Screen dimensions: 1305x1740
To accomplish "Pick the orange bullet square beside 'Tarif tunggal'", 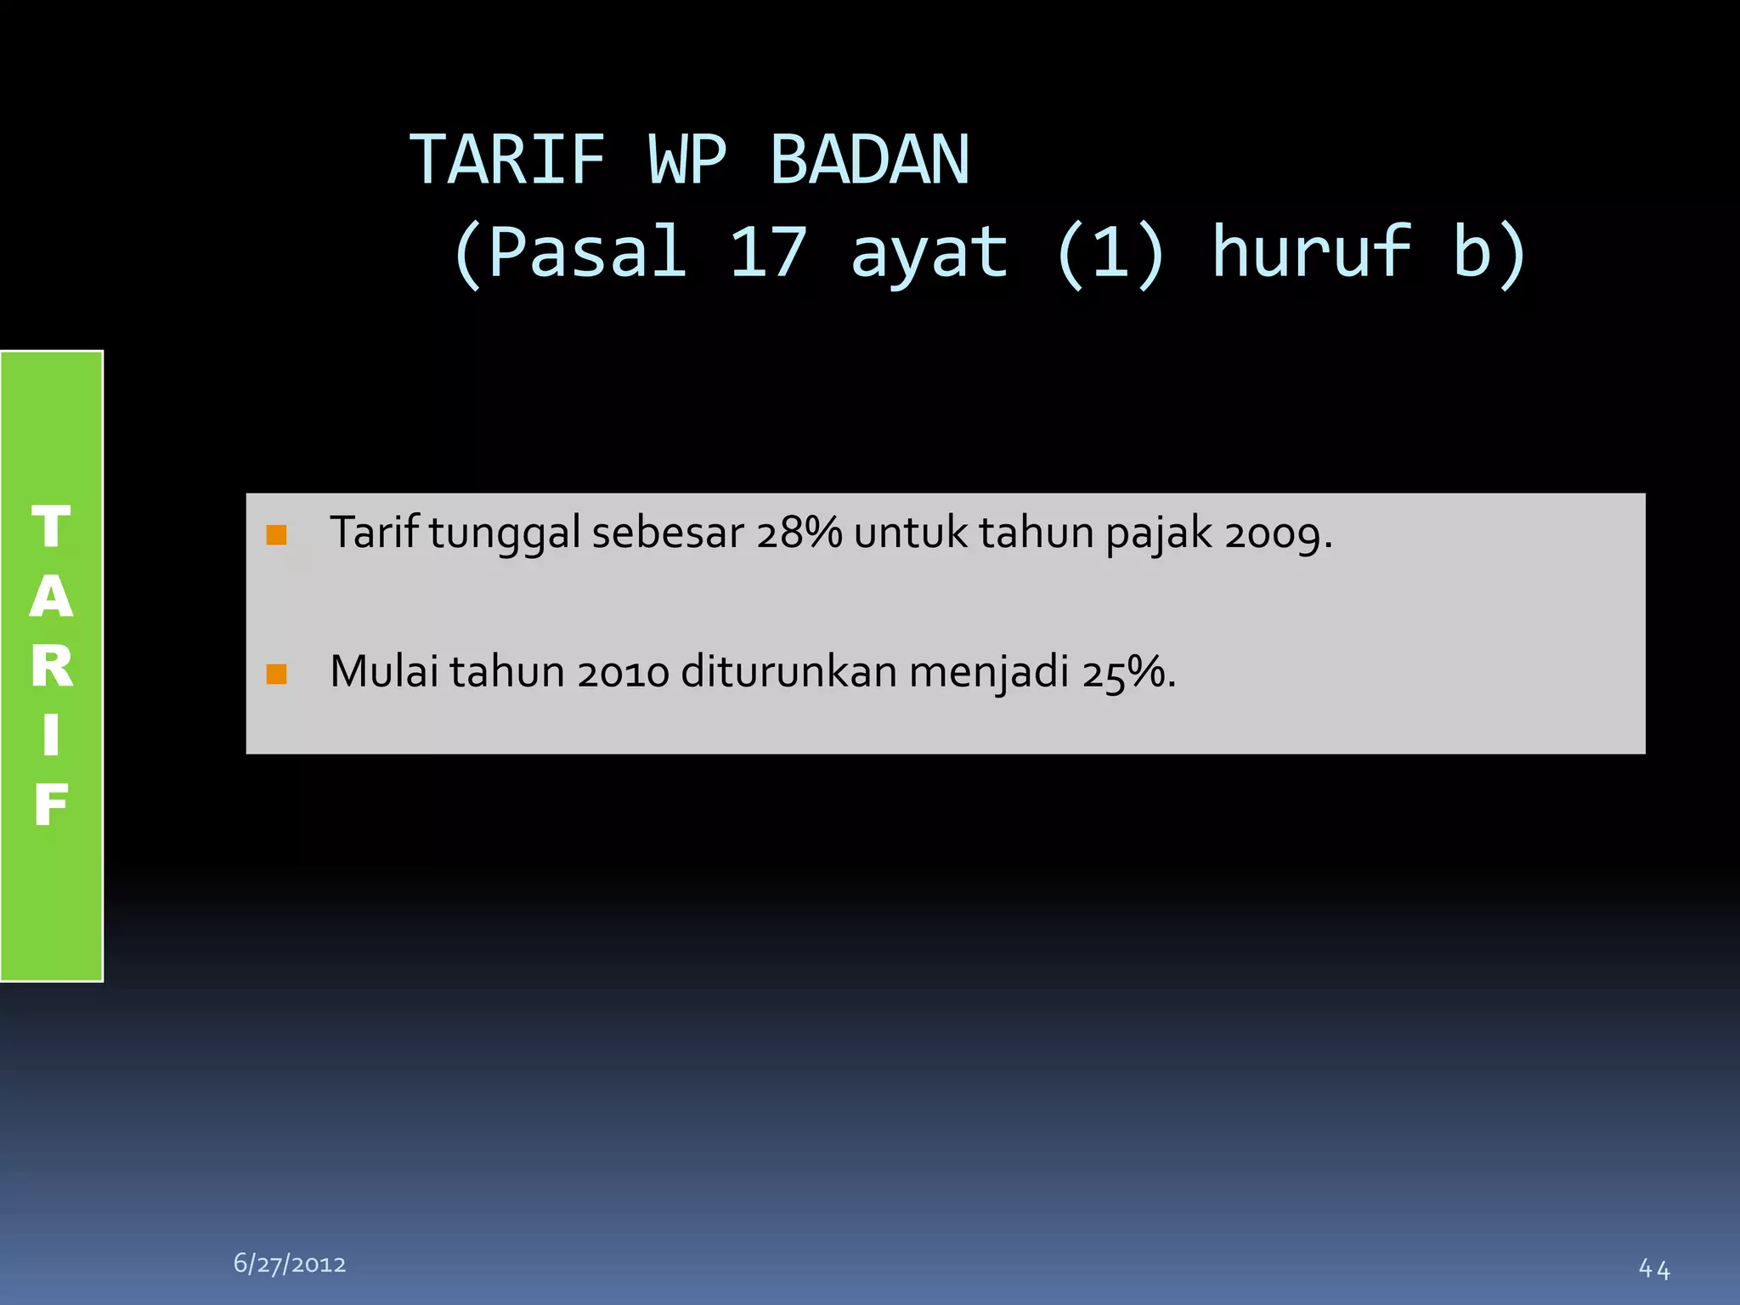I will coord(276,535).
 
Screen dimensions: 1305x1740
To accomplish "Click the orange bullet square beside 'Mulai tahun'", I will coord(276,674).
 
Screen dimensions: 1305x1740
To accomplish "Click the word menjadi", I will coord(989,673).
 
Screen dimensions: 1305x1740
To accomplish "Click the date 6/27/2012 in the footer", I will coord(290,1264).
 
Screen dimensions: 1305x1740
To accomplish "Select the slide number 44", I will coord(1654,1269).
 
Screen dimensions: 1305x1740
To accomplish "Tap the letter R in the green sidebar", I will coord(52,666).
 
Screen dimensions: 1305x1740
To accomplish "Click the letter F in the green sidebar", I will coord(52,805).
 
